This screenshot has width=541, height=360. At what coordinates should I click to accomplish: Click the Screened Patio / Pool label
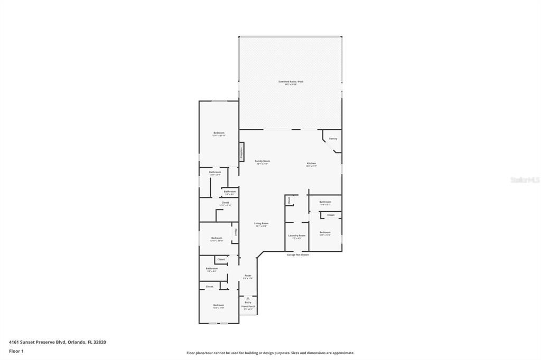(x=291, y=82)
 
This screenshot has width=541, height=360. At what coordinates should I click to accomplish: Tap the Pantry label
(x=333, y=139)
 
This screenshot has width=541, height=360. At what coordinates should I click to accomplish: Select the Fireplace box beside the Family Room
(x=241, y=152)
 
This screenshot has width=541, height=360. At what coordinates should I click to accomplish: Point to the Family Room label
(x=263, y=161)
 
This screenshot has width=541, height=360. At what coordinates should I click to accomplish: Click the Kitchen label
(x=312, y=164)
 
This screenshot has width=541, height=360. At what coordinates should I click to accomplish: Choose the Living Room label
(x=262, y=223)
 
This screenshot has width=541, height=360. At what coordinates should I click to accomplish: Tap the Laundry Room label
(x=296, y=235)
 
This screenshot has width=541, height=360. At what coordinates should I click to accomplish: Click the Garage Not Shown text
(x=298, y=254)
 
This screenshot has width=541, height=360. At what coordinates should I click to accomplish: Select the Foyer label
(x=248, y=276)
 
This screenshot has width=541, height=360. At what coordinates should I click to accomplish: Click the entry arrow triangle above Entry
(x=248, y=298)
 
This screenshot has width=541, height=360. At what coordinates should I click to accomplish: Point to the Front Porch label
(x=248, y=306)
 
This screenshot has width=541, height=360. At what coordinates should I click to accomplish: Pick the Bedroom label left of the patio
(x=219, y=132)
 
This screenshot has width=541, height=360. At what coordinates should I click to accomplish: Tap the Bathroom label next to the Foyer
(x=212, y=269)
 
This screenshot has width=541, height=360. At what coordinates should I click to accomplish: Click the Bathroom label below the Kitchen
(x=325, y=202)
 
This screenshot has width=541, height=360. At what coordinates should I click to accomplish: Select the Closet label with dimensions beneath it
(x=225, y=203)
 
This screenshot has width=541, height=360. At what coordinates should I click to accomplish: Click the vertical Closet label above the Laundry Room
(x=289, y=200)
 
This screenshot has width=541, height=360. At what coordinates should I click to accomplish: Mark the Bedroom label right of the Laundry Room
(x=325, y=232)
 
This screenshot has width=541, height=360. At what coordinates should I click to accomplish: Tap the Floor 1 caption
(x=15, y=351)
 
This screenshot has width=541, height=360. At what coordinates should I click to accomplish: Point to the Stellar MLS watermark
(x=524, y=180)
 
